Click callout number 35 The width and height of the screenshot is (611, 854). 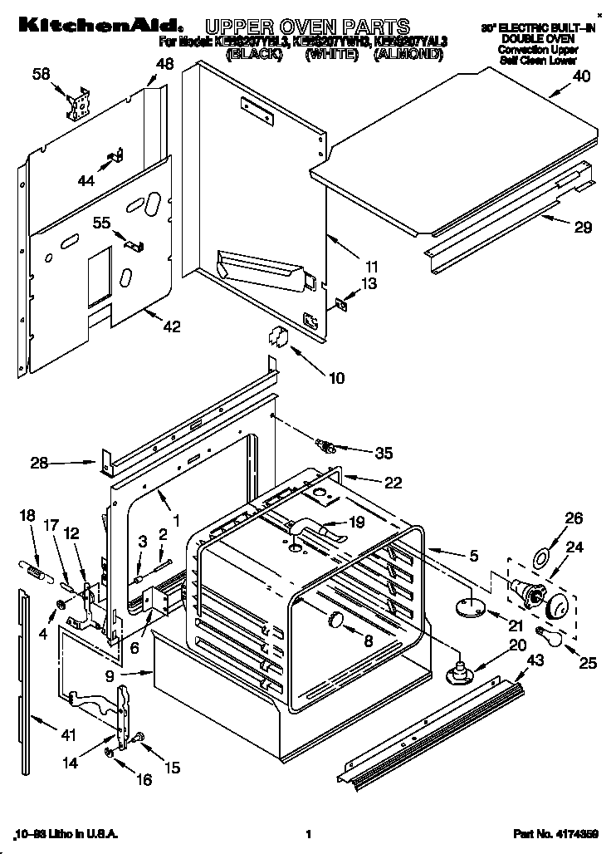(383, 453)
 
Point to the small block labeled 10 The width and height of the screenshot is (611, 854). (277, 338)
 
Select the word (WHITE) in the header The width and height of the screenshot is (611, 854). (331, 54)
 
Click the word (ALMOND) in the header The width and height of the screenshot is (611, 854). (408, 54)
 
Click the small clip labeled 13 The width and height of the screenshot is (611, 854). (340, 304)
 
